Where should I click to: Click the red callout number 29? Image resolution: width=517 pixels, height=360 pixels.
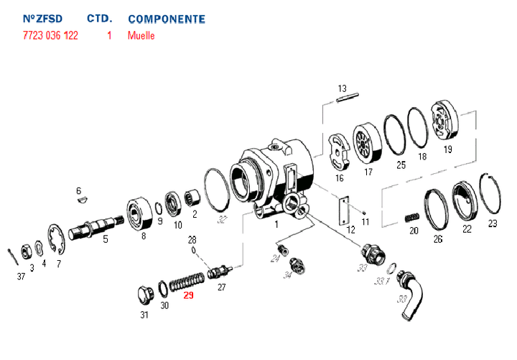click(x=188, y=295)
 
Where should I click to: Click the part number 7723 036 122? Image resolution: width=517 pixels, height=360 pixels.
click(x=50, y=35)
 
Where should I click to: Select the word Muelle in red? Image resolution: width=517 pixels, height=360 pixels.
click(x=141, y=35)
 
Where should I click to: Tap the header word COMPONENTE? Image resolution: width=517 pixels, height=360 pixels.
click(x=166, y=19)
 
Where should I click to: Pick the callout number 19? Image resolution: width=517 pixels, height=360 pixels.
click(x=447, y=149)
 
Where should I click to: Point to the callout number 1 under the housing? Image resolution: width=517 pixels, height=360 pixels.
click(x=276, y=224)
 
